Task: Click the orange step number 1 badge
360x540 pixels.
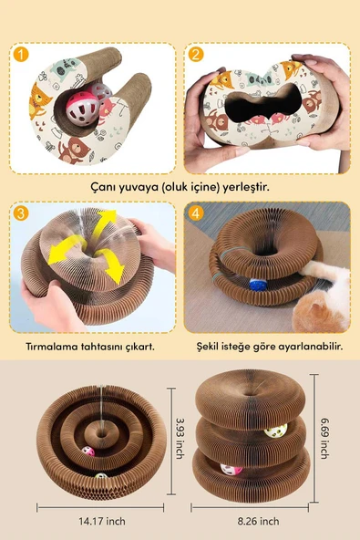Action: [x=20, y=55]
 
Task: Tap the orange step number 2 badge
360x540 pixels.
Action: [x=196, y=55]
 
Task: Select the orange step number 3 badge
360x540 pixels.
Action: [x=20, y=215]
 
